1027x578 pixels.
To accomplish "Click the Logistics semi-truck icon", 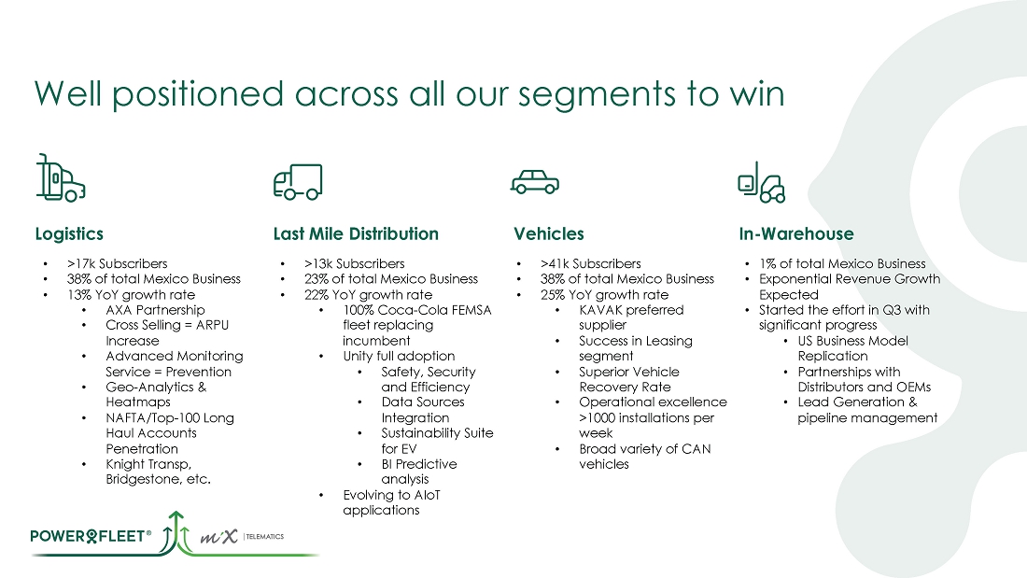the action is (61, 177).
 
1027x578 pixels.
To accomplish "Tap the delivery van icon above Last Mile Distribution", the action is (298, 181).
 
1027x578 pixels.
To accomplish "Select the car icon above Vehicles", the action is (534, 182).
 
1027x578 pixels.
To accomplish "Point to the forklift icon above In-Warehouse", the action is (761, 182).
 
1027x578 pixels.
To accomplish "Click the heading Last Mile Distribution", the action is (356, 234).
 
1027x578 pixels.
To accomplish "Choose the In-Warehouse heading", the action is (796, 234).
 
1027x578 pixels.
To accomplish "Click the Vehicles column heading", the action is (548, 234).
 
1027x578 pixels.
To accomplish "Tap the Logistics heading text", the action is (69, 234).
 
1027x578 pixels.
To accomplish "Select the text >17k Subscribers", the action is (118, 263).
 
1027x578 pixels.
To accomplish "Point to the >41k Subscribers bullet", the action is (591, 263).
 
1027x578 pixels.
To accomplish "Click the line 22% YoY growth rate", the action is (368, 295).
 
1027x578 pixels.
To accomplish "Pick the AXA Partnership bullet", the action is (155, 310).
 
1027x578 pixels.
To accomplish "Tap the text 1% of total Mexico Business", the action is (842, 263).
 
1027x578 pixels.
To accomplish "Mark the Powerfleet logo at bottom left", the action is (91, 536).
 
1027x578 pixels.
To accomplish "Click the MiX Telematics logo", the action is (242, 537).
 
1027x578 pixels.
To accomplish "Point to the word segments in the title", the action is (597, 94).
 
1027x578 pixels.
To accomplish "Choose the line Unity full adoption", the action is (399, 356).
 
